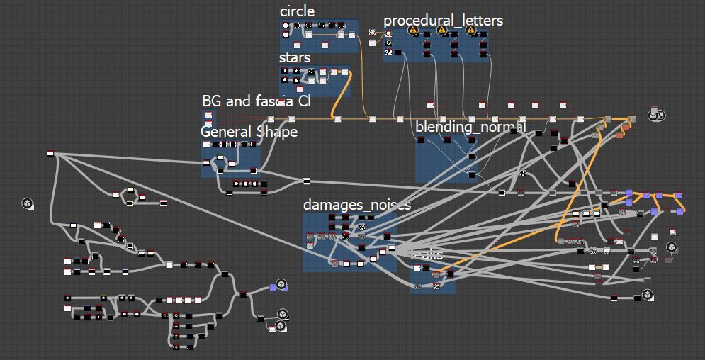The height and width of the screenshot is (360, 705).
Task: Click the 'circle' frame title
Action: pyautogui.click(x=297, y=11)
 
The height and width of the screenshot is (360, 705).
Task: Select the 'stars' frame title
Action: pyautogui.click(x=294, y=57)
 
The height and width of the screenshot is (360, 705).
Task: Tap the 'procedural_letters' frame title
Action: pyautogui.click(x=443, y=21)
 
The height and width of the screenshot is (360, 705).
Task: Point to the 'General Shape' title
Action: pyautogui.click(x=249, y=132)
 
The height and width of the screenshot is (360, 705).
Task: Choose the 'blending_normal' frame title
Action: pyautogui.click(x=470, y=127)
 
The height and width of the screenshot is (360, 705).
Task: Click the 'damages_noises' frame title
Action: pyautogui.click(x=356, y=205)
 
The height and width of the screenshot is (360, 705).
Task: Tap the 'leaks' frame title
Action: pyautogui.click(x=427, y=254)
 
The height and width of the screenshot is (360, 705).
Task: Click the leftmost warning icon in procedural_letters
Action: pyautogui.click(x=412, y=30)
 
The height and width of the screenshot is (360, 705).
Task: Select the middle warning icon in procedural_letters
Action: pyautogui.click(x=442, y=30)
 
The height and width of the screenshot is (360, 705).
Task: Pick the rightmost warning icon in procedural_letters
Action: pyautogui.click(x=471, y=30)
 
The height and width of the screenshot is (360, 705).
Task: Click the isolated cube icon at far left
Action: pyautogui.click(x=27, y=204)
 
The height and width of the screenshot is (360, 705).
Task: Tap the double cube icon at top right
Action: pyautogui.click(x=657, y=116)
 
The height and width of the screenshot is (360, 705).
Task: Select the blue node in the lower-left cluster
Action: pyautogui.click(x=273, y=287)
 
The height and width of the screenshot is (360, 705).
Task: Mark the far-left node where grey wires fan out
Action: pyautogui.click(x=51, y=152)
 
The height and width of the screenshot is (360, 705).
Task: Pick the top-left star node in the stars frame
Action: pyautogui.click(x=285, y=71)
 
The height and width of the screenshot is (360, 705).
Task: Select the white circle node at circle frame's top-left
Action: pyautogui.click(x=286, y=26)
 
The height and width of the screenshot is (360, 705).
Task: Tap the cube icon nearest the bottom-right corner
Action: pyautogui.click(x=647, y=295)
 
